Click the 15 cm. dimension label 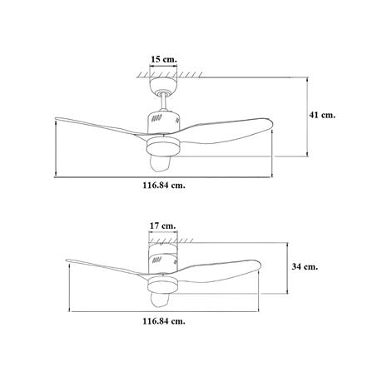(164, 59)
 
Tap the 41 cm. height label (322, 115)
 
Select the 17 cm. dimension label (163, 226)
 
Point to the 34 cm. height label (305, 266)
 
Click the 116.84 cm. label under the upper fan (164, 185)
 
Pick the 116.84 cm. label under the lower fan (164, 321)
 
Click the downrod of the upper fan (164, 102)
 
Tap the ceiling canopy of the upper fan (163, 86)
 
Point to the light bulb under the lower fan (159, 300)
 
